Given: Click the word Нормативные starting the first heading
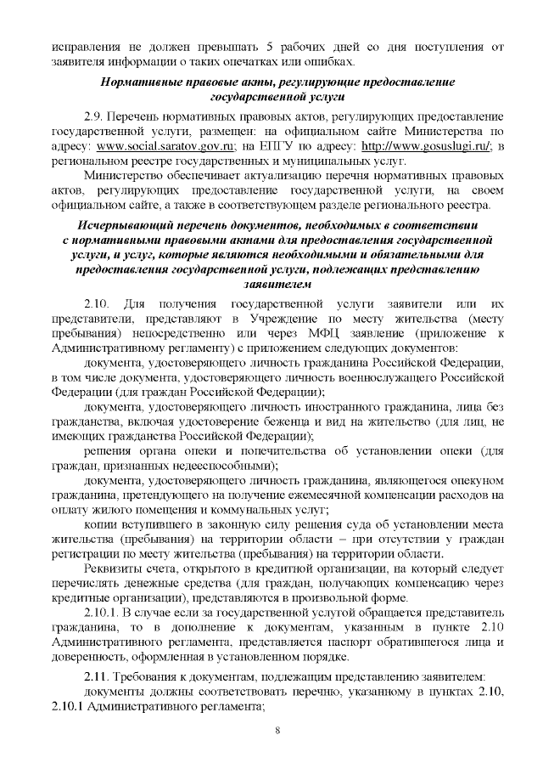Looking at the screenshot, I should coord(140,82).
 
